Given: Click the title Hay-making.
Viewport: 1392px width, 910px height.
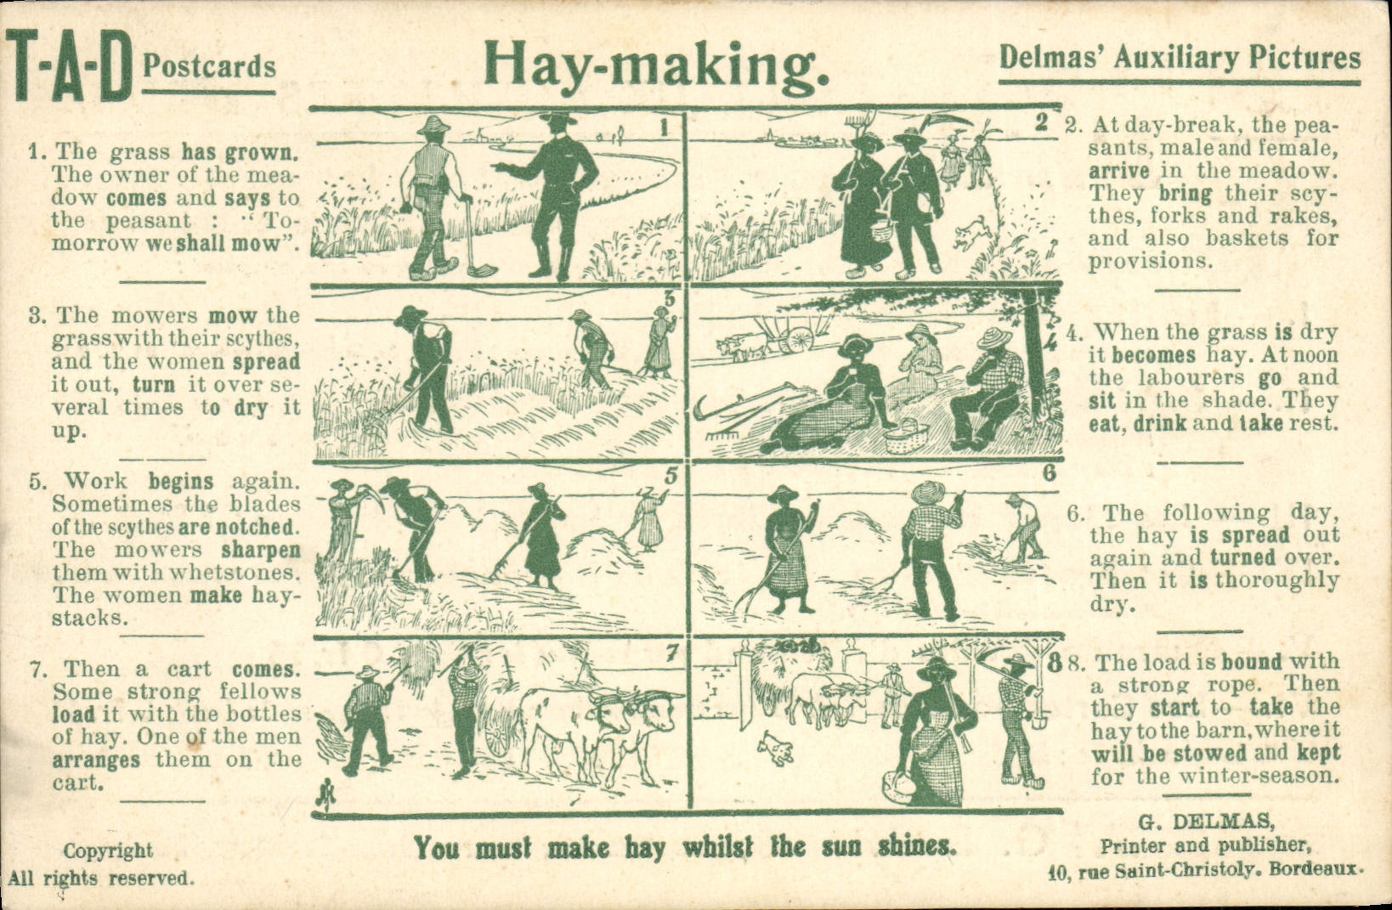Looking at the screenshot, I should pos(655,63).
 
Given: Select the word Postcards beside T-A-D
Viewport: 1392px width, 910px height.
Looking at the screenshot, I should pos(209,66).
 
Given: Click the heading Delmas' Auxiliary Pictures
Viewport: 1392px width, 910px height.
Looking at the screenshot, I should pos(1180,58).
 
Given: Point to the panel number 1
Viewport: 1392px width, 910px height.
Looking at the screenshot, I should pos(665,127).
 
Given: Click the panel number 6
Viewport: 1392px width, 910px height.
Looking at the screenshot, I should pos(1049,473).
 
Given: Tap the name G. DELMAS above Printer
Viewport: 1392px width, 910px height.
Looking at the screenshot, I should pos(1207,822).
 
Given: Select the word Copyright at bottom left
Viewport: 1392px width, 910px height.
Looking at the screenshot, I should pos(108,851).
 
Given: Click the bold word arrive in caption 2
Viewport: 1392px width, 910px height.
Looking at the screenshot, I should pos(1119,171).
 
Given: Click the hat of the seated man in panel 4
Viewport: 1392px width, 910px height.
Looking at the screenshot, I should pos(991,338).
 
